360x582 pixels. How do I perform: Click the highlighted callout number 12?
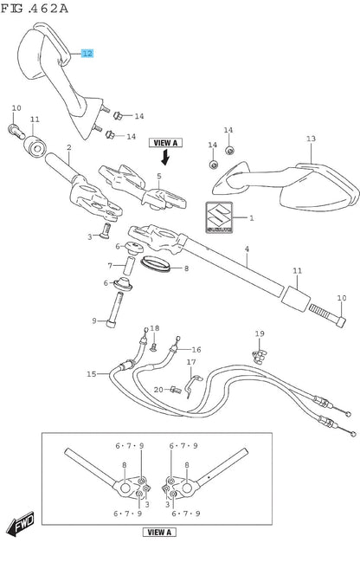[87, 54]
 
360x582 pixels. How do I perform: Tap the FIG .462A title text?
[35, 8]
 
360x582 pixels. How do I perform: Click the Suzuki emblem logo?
[219, 217]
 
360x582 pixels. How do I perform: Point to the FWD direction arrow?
[21, 522]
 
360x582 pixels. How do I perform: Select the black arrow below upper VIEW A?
[165, 157]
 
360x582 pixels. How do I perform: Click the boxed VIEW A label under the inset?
[159, 533]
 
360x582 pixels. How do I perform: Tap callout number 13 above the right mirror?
[311, 139]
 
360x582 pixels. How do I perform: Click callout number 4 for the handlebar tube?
[247, 249]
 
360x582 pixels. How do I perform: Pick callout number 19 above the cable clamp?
[260, 333]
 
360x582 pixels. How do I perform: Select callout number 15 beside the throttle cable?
[92, 374]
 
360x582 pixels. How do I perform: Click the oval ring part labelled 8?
[156, 264]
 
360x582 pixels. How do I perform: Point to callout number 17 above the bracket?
[191, 362]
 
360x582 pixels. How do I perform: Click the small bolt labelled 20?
[176, 390]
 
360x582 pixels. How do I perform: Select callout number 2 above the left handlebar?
[69, 147]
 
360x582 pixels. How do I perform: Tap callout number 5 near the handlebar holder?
[159, 176]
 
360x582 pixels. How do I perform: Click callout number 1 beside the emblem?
[252, 218]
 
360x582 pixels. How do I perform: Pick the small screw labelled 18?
[153, 347]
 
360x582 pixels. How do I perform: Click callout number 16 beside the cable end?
[196, 350]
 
